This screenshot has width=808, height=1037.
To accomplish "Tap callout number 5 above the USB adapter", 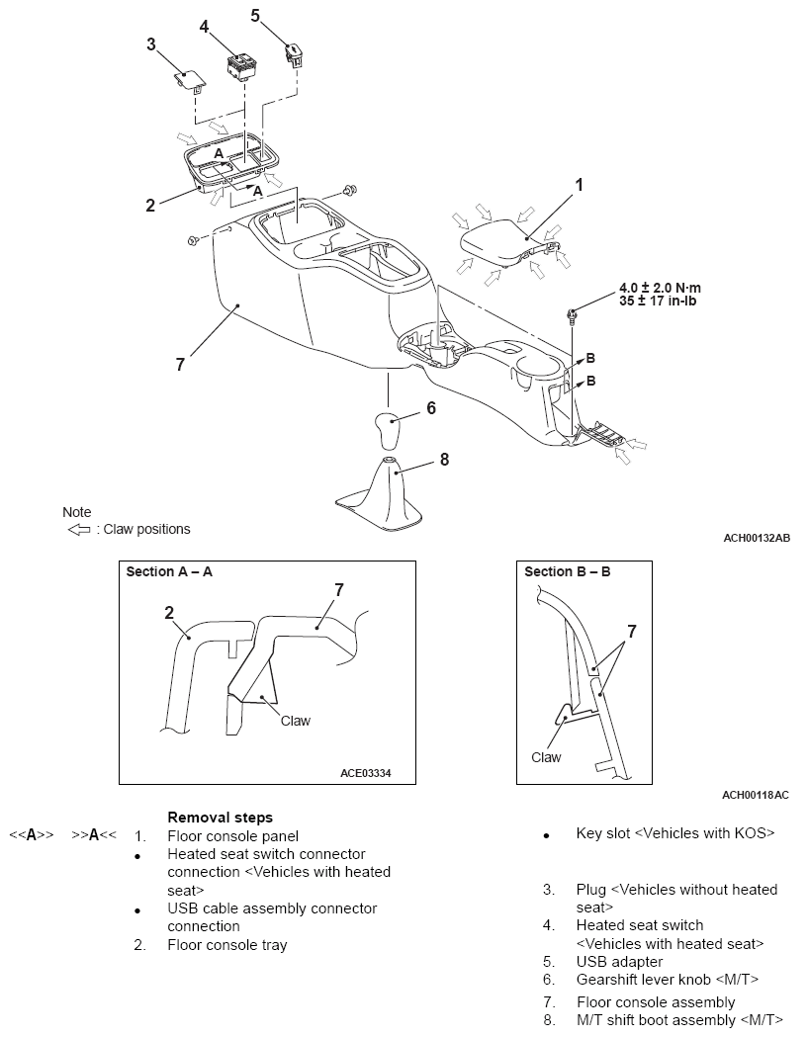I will (255, 15).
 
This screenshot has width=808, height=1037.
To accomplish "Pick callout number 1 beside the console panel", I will (580, 184).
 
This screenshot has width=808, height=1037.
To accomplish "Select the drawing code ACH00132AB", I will (756, 538).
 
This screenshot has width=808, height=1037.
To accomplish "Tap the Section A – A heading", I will (169, 571).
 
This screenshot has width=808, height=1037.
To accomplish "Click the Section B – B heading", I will (567, 571).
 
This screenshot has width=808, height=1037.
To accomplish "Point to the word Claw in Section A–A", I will (295, 721).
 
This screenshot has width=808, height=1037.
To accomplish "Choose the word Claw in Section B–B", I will (546, 757).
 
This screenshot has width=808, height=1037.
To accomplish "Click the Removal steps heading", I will (220, 818).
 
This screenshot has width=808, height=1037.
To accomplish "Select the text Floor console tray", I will (227, 945).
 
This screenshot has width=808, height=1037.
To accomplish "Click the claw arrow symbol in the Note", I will (78, 529).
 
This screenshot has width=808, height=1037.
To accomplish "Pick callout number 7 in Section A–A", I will (338, 589).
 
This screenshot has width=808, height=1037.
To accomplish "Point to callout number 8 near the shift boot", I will (444, 459).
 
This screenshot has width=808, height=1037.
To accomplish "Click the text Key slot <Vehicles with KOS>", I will (675, 833).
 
